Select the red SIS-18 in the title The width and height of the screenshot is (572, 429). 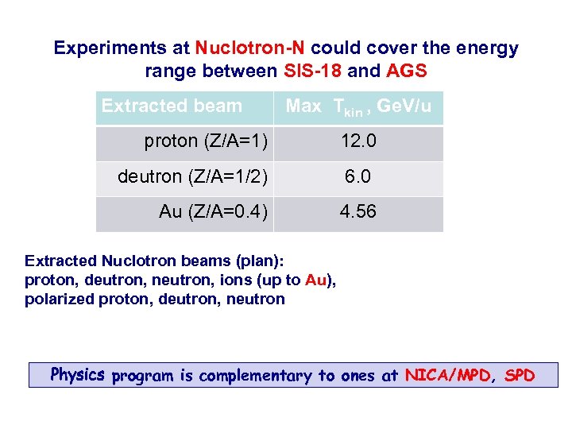[x=312, y=71]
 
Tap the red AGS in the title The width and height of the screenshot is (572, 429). [x=407, y=71]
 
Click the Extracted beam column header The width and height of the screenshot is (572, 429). [x=172, y=106]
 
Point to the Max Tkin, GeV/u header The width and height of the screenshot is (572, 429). [x=358, y=106]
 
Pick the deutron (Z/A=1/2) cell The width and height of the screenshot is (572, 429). [x=193, y=176]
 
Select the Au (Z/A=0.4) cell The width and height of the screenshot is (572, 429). [x=213, y=212]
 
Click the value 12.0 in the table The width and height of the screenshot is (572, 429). [x=358, y=141]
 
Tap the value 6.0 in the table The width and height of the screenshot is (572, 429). [x=357, y=176]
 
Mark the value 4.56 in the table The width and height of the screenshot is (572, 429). [x=358, y=212]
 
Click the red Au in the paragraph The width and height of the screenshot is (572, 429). [x=315, y=280]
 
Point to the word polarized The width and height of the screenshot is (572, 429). [x=60, y=300]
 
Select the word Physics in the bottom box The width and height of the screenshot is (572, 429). [x=78, y=374]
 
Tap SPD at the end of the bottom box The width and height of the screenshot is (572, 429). [x=520, y=375]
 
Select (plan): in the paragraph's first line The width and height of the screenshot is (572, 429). [x=258, y=261]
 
